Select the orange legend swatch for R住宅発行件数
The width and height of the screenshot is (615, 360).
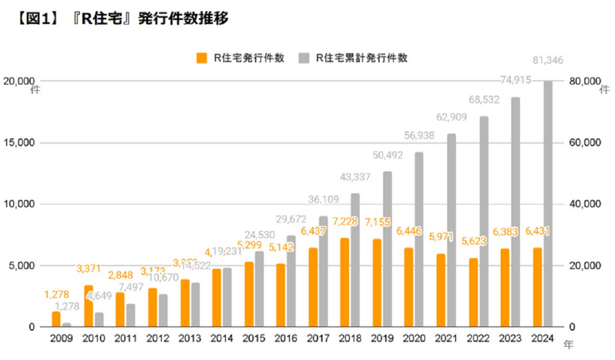coord(202,58)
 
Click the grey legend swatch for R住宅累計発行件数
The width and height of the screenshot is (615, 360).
coord(303,58)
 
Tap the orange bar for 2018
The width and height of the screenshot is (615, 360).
coord(344,283)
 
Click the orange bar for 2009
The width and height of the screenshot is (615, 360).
coord(56,319)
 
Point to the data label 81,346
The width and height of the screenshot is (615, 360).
coord(547,61)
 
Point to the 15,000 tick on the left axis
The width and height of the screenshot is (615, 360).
coord(18,143)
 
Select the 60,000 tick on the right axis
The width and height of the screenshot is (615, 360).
coord(584,143)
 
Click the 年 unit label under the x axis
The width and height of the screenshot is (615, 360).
coord(568,345)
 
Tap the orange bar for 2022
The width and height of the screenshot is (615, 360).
coord(473,292)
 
